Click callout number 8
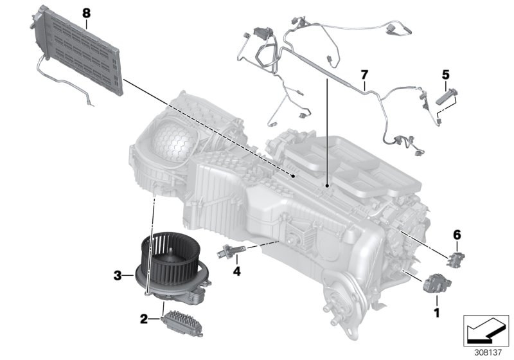tap(87, 12)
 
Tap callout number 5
tap(445, 75)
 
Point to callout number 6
tap(457, 236)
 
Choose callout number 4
tap(236, 271)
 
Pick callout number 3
tap(118, 276)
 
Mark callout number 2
tap(145, 318)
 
